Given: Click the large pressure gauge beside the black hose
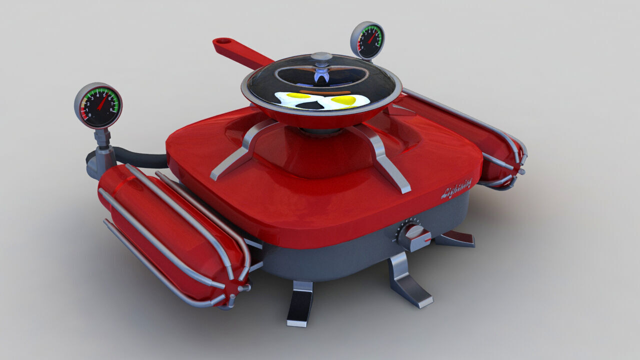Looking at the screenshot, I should (98, 106).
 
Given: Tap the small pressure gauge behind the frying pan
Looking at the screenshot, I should (367, 40).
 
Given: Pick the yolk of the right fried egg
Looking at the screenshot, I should (343, 100).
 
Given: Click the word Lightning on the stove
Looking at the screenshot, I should (456, 188).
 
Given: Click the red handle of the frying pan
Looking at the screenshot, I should (240, 53).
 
